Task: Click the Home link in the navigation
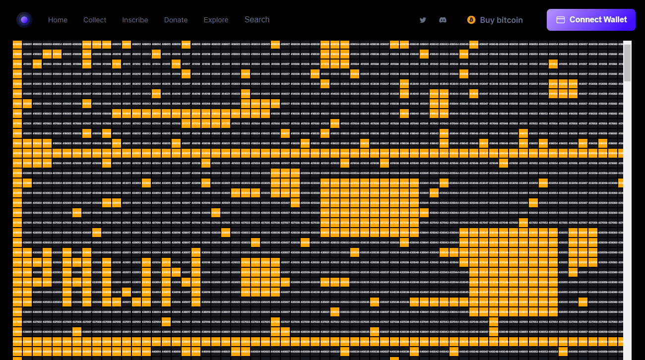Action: point(58,20)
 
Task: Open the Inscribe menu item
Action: point(135,20)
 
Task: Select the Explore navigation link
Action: point(216,20)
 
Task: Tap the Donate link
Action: point(176,20)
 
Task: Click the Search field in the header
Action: point(257,19)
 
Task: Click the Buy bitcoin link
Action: point(495,20)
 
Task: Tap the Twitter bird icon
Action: point(423,20)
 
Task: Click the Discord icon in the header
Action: point(443,20)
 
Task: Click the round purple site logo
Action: point(24,20)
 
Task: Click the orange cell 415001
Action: point(17,104)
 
